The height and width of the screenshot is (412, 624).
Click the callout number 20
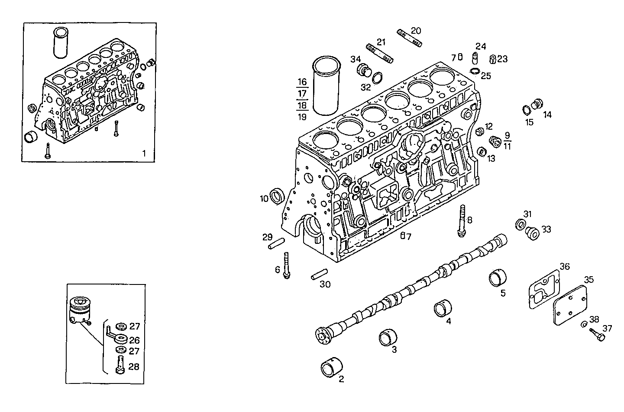pyautogui.click(x=416, y=31)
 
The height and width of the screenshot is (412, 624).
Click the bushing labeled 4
pyautogui.click(x=443, y=310)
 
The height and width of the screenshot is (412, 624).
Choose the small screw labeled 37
pyautogui.click(x=596, y=334)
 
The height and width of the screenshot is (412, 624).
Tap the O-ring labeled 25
pyautogui.click(x=475, y=71)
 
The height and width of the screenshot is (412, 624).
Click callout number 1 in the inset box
pyautogui.click(x=144, y=153)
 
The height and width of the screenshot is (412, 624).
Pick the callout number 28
pyautogui.click(x=134, y=367)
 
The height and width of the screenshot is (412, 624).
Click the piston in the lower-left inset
pyautogui.click(x=80, y=309)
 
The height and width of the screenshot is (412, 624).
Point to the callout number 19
pyautogui.click(x=302, y=117)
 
